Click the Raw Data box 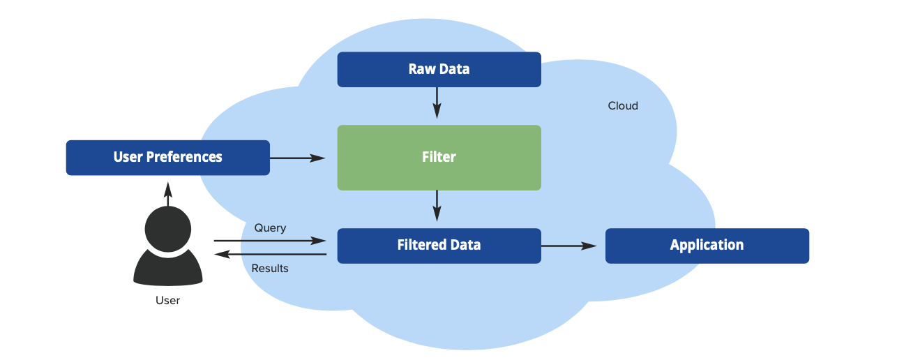point(439,69)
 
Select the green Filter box point(439,157)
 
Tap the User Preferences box point(167,157)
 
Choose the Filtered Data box point(439,245)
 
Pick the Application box point(707,245)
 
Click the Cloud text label point(623,106)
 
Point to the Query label point(270,228)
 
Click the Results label point(270,268)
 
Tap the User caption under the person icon point(167,301)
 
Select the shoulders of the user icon point(167,272)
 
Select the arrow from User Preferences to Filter point(297,158)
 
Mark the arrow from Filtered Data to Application point(569,246)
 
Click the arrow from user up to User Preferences point(167,193)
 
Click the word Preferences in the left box point(184,157)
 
